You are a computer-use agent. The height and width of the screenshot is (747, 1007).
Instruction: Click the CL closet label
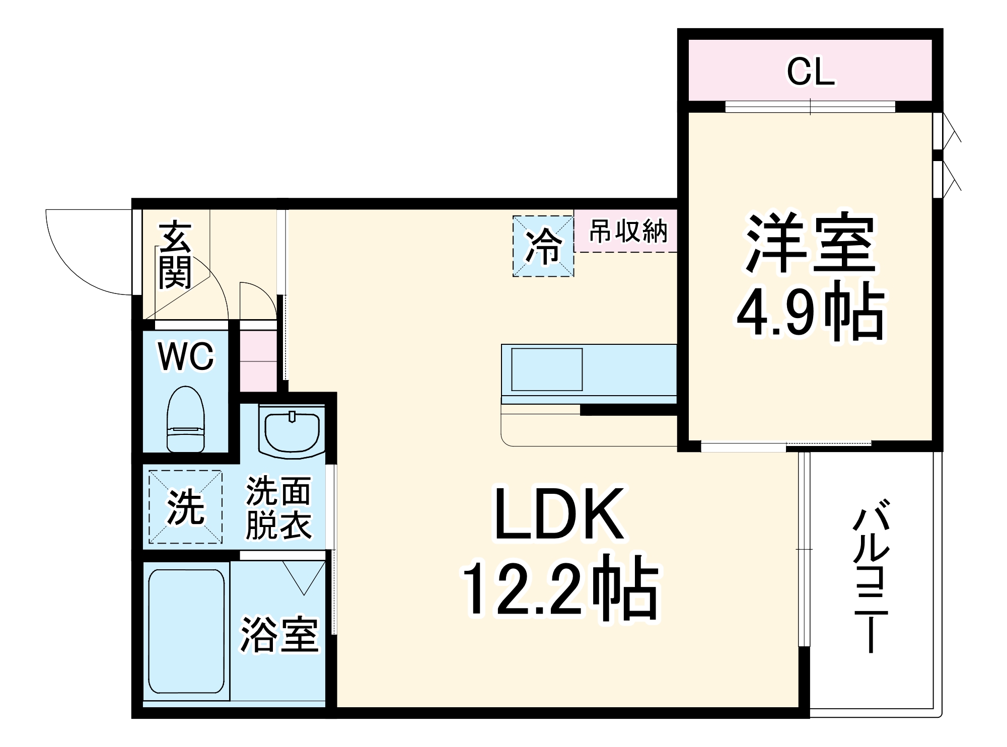pyautogui.click(x=810, y=71)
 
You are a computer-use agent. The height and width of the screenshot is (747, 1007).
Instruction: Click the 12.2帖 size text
pyautogui.click(x=559, y=587)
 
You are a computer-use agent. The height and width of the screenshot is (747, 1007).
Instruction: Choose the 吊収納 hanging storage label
pyautogui.click(x=628, y=232)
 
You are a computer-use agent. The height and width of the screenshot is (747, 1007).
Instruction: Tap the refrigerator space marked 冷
pyautogui.click(x=543, y=246)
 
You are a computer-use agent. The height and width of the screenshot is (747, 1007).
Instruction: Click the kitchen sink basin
pyautogui.click(x=547, y=369)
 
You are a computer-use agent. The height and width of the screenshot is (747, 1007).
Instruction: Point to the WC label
pyautogui.click(x=186, y=356)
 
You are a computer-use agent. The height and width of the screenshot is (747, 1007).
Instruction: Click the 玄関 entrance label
pyautogui.click(x=175, y=255)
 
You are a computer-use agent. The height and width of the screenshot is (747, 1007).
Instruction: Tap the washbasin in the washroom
pyautogui.click(x=292, y=431)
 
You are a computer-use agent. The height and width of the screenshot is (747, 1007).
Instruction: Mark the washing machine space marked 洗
pyautogui.click(x=185, y=507)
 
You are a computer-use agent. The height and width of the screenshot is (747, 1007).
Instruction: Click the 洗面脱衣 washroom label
pyautogui.click(x=278, y=508)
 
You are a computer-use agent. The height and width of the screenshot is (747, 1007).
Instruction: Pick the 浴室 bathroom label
pyautogui.click(x=279, y=634)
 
